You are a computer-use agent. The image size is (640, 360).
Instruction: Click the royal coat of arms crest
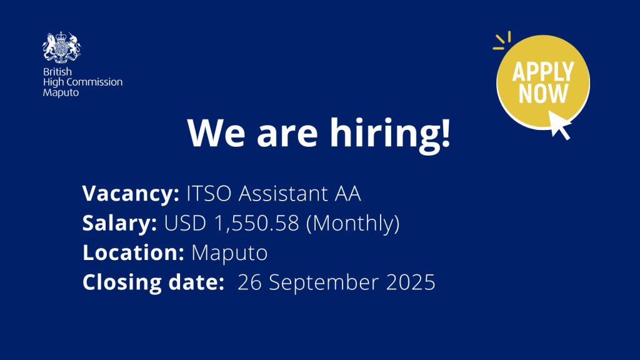pyautogui.click(x=62, y=47)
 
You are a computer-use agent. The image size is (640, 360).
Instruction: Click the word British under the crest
pyautogui.click(x=57, y=72)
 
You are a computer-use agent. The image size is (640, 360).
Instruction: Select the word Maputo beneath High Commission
pyautogui.click(x=61, y=92)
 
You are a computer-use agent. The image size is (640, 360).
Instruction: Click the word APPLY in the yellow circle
pyautogui.click(x=543, y=71)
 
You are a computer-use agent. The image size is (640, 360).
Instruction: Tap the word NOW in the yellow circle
pyautogui.click(x=543, y=94)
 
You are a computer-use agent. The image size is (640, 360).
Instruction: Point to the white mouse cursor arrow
pyautogui.click(x=559, y=125)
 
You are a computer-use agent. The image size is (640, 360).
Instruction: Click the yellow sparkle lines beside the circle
pyautogui.click(x=502, y=41)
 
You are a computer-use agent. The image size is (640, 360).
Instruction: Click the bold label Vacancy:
pyautogui.click(x=131, y=194)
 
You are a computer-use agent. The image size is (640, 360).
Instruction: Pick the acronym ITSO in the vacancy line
pyautogui.click(x=209, y=194)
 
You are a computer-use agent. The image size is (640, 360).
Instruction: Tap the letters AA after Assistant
pyautogui.click(x=347, y=194)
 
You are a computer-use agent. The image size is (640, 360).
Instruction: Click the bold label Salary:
pyautogui.click(x=119, y=224)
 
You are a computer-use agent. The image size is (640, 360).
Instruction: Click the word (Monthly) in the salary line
pyautogui.click(x=352, y=224)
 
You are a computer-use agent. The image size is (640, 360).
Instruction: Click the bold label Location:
pyautogui.click(x=134, y=252)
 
